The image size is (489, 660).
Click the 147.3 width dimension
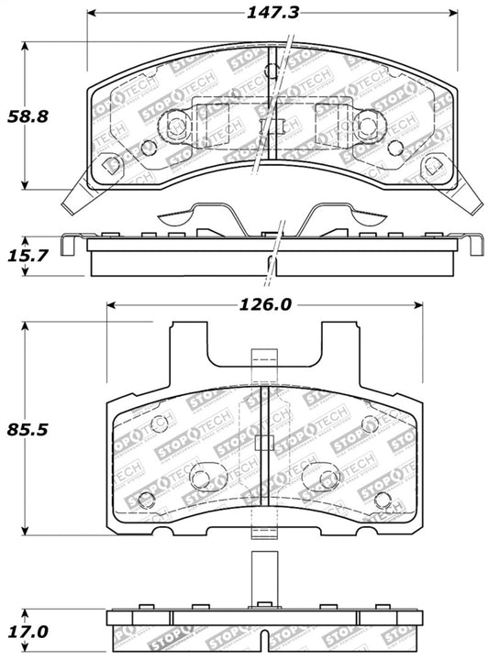[274, 13]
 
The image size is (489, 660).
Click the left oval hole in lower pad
[207, 477]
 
